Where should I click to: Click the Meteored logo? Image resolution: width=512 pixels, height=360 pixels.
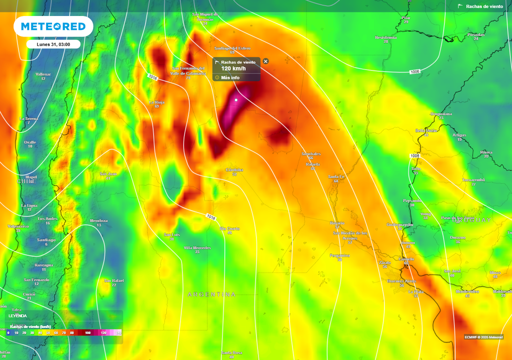53,26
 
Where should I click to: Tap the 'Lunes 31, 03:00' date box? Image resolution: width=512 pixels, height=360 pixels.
53,44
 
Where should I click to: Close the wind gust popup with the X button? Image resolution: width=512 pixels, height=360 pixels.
265,61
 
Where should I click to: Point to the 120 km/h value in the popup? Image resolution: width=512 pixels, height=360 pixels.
233,68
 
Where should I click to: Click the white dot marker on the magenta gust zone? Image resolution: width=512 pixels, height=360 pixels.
236,99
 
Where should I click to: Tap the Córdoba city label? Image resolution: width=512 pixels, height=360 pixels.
234,170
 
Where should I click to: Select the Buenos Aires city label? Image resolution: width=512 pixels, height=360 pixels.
402,281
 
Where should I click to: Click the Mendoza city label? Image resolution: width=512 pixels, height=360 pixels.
98,220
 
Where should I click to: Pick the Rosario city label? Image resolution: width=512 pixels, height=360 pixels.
337,223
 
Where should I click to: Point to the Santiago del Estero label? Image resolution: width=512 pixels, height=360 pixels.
232,48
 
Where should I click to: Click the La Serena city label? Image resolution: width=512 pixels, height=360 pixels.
28,118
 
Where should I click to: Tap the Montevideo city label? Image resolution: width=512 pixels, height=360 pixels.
467,291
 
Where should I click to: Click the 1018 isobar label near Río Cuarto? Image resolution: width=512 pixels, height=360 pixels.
211,216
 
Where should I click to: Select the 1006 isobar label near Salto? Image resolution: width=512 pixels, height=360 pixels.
414,156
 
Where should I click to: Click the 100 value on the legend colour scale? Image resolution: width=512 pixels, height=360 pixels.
88,332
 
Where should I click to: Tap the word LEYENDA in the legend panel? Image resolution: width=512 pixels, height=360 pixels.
18,316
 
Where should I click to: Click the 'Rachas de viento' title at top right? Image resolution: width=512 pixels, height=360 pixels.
483,6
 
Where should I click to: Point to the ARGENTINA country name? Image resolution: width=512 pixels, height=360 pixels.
211,294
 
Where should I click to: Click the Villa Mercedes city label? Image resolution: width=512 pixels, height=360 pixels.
197,248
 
